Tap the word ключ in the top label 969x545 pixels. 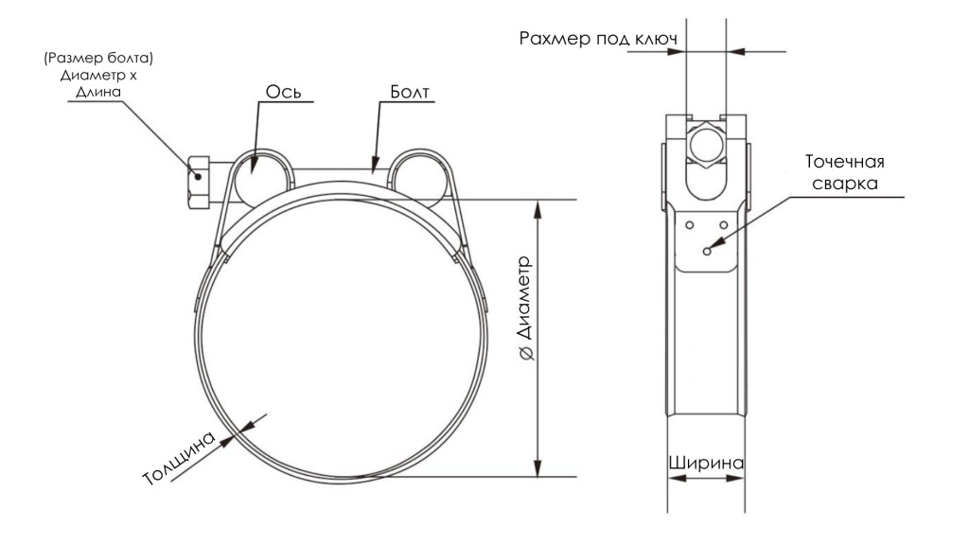656,39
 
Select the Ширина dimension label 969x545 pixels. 705,464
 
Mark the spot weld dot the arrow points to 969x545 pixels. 706,252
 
